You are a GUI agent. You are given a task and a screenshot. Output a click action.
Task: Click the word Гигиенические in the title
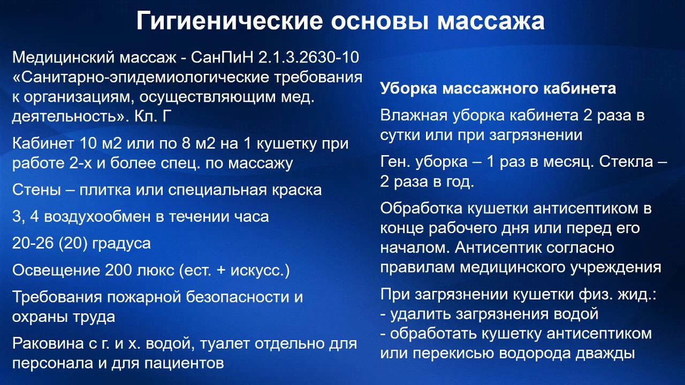click(x=230, y=21)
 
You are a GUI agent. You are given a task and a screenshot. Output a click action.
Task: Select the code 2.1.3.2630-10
click(x=309, y=57)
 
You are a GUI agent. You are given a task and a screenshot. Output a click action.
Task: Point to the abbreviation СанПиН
click(x=222, y=57)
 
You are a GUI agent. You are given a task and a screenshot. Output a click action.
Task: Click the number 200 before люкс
click(x=119, y=270)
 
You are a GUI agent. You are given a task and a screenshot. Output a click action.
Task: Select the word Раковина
click(x=48, y=343)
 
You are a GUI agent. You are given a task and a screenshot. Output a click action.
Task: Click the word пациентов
click(x=184, y=363)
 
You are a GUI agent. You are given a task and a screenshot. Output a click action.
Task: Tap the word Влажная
click(x=414, y=115)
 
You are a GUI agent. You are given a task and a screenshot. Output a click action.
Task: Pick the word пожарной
click(x=143, y=297)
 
